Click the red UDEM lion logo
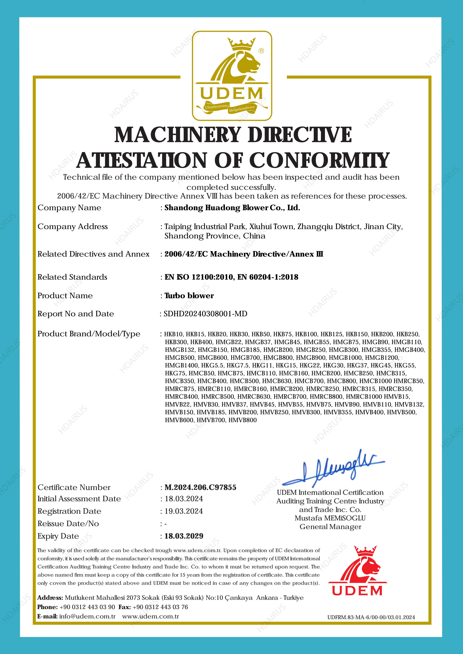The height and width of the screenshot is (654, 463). [357, 571]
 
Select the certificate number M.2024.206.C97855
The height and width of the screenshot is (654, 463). [200, 487]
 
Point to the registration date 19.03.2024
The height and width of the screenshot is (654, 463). [184, 511]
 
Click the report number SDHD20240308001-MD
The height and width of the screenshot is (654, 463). [205, 314]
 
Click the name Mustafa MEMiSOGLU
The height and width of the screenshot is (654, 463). [330, 518]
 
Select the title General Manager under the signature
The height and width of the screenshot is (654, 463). [330, 527]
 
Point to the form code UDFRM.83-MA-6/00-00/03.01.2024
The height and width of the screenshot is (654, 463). [371, 617]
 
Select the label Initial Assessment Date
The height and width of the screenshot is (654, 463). [79, 499]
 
